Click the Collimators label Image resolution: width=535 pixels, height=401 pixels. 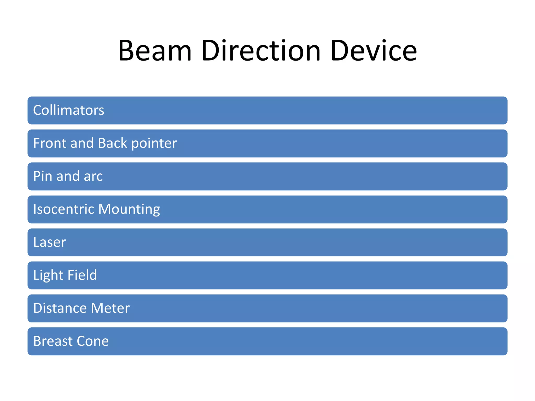[69, 110]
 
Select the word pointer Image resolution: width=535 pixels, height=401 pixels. [154, 144]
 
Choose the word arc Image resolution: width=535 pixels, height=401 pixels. [93, 176]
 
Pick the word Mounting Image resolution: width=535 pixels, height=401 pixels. [129, 210]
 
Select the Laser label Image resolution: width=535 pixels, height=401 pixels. [50, 242]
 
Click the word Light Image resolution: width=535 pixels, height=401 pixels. [48, 275]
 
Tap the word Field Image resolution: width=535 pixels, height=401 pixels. [82, 275]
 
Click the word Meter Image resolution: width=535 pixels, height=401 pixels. [110, 308]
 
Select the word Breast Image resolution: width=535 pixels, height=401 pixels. [53, 341]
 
